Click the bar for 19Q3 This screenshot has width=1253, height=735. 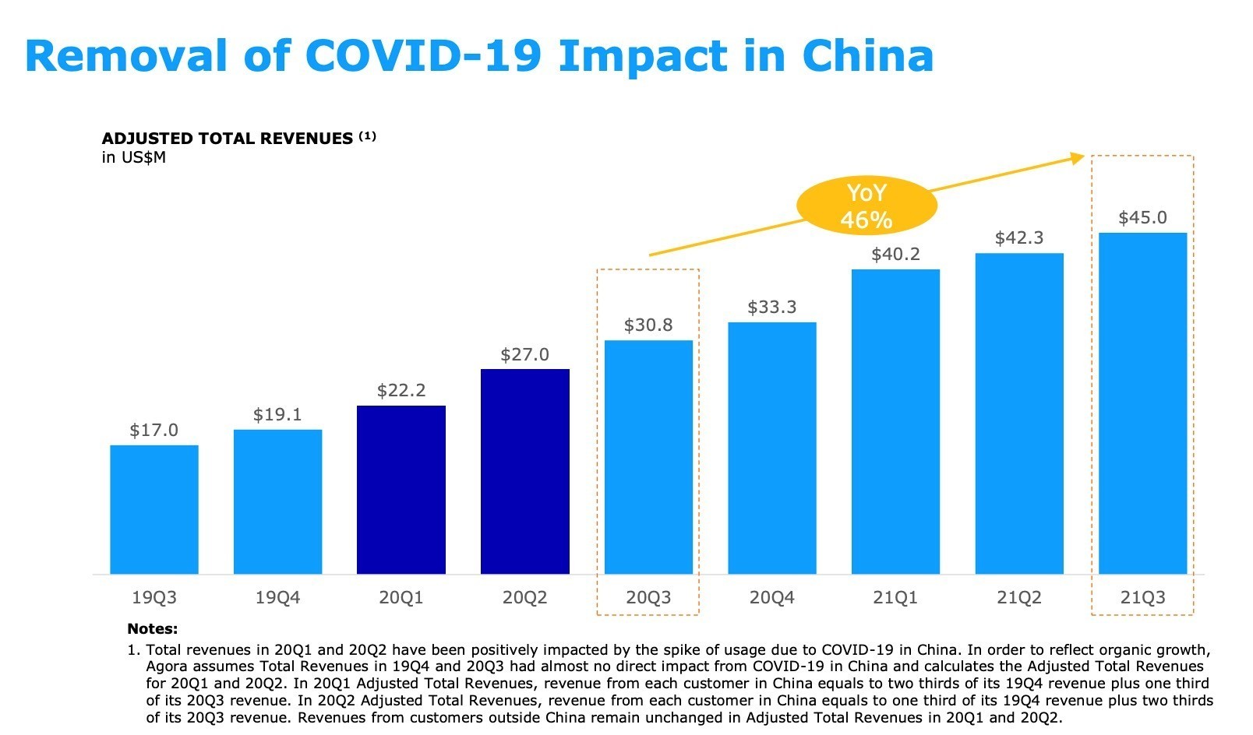click(x=154, y=509)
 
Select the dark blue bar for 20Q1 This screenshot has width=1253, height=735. click(x=401, y=490)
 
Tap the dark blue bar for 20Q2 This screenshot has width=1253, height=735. click(x=525, y=471)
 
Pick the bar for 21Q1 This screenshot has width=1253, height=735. click(x=895, y=421)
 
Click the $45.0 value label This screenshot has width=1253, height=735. click(x=1142, y=218)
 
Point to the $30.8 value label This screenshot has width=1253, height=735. click(x=648, y=325)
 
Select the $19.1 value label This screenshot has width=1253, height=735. click(x=277, y=415)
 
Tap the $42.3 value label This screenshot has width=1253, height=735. click(x=1018, y=238)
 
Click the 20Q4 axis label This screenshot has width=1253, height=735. click(x=771, y=598)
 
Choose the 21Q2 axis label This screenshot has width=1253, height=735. click(x=1018, y=598)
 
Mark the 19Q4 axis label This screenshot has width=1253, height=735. click(x=277, y=598)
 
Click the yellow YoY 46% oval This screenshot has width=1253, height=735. click(x=866, y=206)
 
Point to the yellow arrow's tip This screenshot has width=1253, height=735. click(x=1082, y=157)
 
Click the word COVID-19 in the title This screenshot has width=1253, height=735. click(x=423, y=56)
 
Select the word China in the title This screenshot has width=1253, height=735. click(x=867, y=56)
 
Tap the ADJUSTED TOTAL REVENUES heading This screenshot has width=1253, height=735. click(x=228, y=139)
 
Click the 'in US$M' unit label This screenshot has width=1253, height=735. click(x=133, y=158)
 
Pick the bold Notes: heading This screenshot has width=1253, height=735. click(x=152, y=629)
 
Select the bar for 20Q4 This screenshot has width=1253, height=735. click(x=771, y=448)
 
